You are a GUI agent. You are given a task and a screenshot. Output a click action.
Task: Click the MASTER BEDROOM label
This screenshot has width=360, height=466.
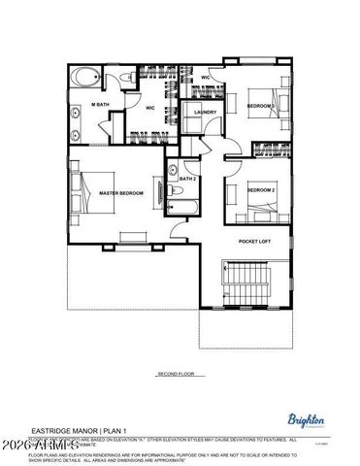pyautogui.click(x=121, y=193)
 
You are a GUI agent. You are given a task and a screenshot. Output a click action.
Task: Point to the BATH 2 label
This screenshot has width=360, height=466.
pyautogui.click(x=187, y=180)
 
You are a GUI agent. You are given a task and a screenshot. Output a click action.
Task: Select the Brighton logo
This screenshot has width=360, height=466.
pyautogui.click(x=307, y=419)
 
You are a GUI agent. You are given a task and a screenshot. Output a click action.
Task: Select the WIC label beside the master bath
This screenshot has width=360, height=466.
pyautogui.click(x=150, y=108)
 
